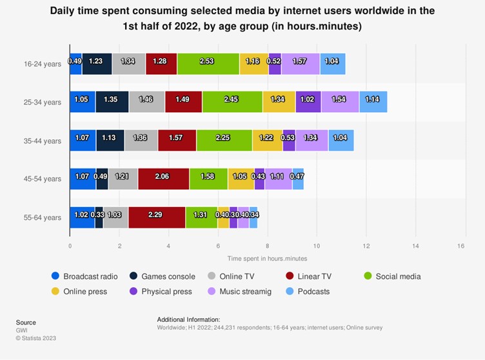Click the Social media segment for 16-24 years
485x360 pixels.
click(x=208, y=64)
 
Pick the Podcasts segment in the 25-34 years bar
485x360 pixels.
click(x=373, y=102)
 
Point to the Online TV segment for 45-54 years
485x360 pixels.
click(x=123, y=179)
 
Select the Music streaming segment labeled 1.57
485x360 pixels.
click(x=301, y=64)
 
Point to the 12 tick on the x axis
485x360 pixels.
click(x=366, y=246)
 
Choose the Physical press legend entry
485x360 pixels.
click(x=166, y=292)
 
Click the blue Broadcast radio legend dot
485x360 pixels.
click(x=55, y=276)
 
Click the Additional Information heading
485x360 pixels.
click(x=188, y=319)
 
